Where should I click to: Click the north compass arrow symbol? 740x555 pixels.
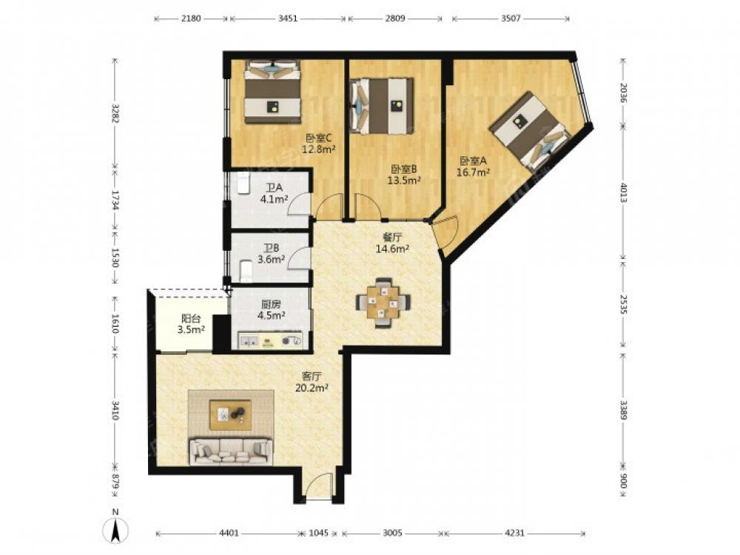tap(115, 530)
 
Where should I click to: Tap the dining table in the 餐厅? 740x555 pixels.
tap(383, 303)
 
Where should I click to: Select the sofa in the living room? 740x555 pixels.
tap(231, 451)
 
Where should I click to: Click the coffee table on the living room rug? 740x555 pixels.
tap(230, 415)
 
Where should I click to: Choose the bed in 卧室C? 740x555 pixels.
tap(272, 92)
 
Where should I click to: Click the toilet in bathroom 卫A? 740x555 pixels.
tap(243, 184)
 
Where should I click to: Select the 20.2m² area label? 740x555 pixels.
tap(312, 388)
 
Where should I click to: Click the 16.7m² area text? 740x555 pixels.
tap(473, 172)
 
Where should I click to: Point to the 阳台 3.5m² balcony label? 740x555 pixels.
tap(191, 324)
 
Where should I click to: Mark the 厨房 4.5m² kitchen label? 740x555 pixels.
tap(272, 310)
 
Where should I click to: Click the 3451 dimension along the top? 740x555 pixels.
tap(288, 18)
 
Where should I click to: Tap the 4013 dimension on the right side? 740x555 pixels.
tap(623, 192)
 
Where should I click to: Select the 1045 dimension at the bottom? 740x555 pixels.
tap(318, 533)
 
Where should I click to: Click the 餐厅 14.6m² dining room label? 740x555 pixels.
tap(392, 243)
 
